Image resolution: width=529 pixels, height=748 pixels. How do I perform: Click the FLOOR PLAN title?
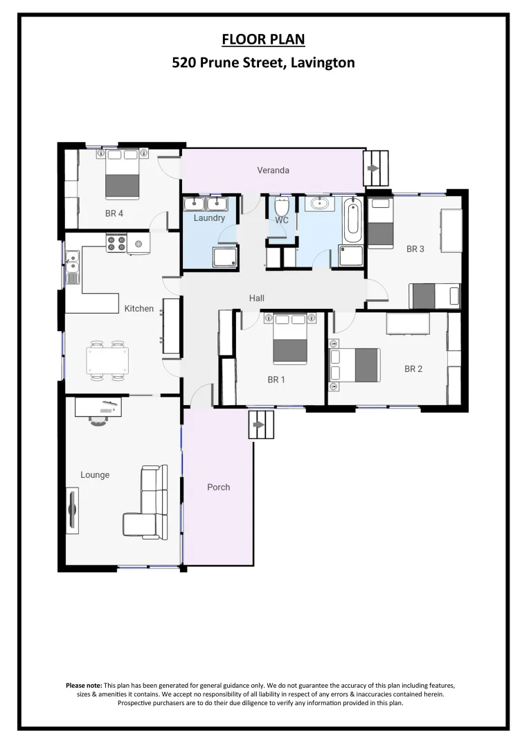click(x=263, y=39)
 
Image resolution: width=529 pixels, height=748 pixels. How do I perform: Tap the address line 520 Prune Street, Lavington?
click(x=263, y=63)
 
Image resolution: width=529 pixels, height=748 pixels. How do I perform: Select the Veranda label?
click(x=273, y=170)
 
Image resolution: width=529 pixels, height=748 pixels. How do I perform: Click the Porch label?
click(x=218, y=487)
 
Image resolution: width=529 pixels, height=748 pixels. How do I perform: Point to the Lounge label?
click(x=95, y=475)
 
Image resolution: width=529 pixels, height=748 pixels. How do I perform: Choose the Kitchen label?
click(x=138, y=308)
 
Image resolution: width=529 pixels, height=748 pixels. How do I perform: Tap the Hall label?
click(x=257, y=298)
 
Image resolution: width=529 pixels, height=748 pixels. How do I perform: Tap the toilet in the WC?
click(x=282, y=207)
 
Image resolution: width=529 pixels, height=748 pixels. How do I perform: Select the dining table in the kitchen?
click(x=107, y=360)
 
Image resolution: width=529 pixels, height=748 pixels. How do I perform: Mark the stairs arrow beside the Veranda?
click(x=375, y=168)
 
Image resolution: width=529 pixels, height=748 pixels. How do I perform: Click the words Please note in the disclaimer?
click(x=83, y=685)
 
